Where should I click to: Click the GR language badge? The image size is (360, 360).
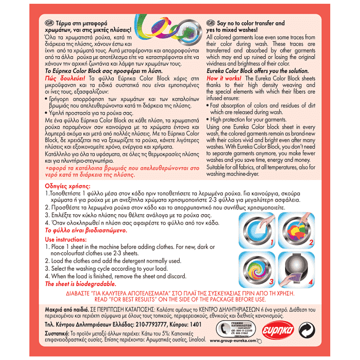pyautogui.click(x=49, y=23)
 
